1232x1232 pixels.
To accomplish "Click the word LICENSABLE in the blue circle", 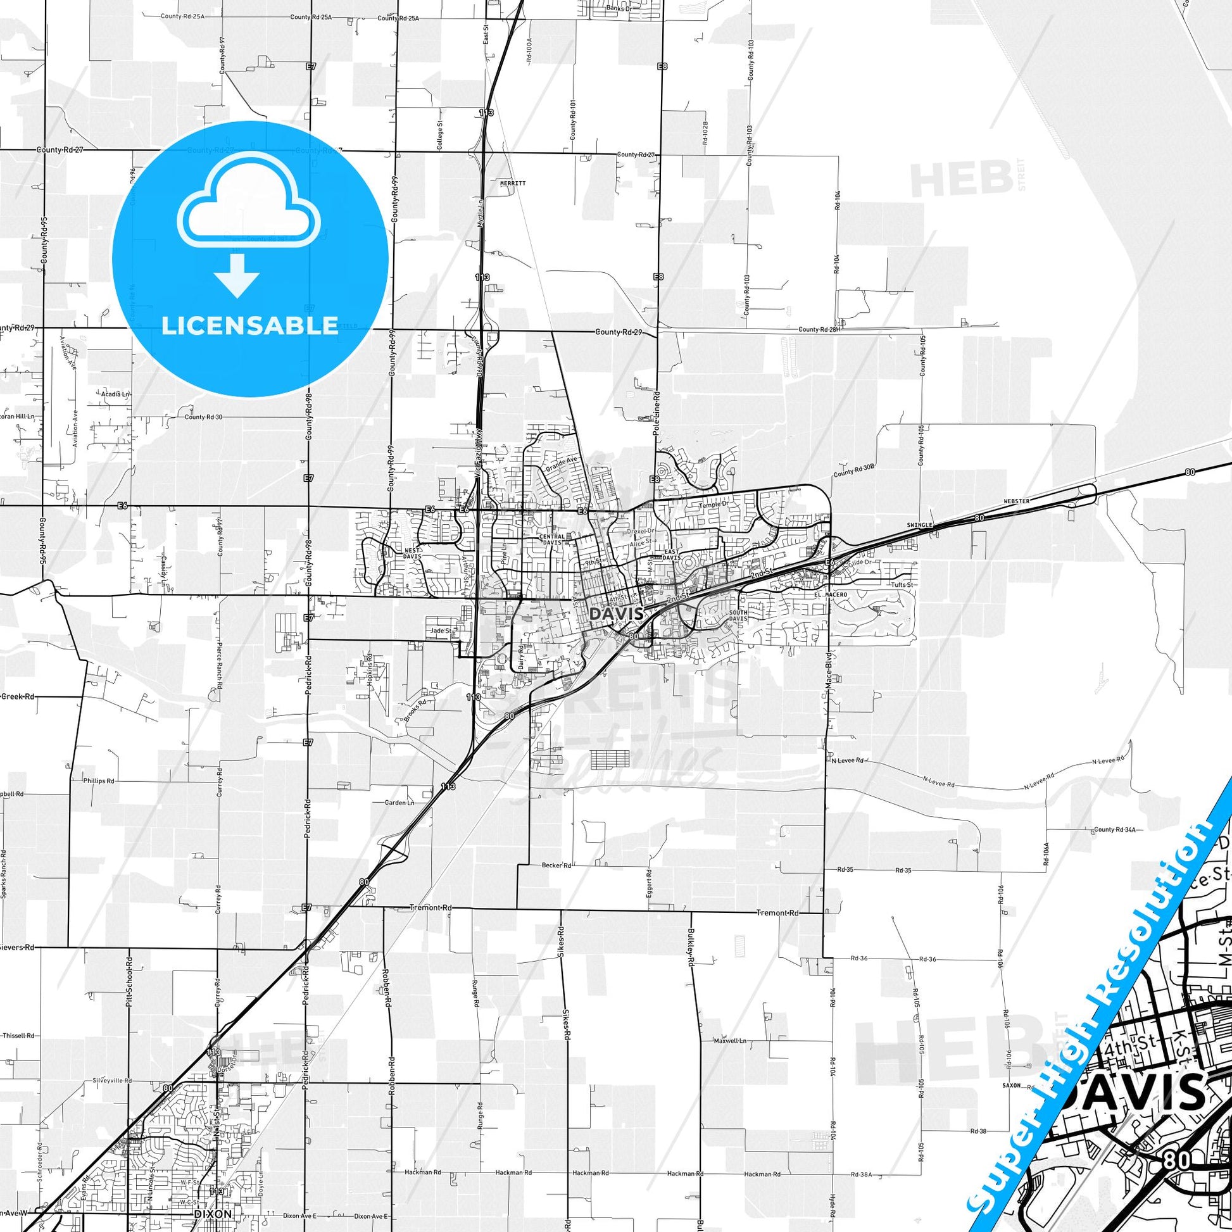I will (x=250, y=325).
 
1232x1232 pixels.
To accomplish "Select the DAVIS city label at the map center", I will (x=616, y=613).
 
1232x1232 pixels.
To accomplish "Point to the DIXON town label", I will (x=213, y=1214).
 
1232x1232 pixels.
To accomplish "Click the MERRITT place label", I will (x=513, y=182).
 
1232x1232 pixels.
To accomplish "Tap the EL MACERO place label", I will (x=831, y=594).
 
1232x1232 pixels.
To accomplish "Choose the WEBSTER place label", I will (x=1017, y=501).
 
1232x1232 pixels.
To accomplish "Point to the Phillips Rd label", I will (x=99, y=781).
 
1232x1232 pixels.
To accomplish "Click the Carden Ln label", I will (x=400, y=803).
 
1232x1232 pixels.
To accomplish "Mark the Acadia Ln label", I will (x=115, y=394).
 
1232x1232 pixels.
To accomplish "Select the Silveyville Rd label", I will (x=112, y=1081).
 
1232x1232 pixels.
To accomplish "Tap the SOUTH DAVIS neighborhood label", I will (x=738, y=615).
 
